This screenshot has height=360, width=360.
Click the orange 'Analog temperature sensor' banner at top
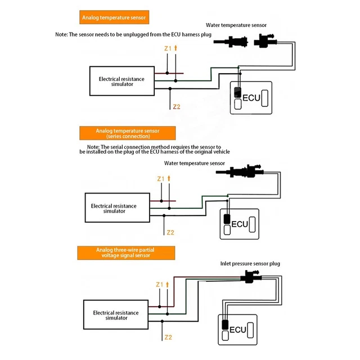tap(114, 17)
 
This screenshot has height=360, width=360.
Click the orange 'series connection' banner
tap(128, 133)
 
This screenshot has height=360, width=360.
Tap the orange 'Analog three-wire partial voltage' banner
tap(123, 253)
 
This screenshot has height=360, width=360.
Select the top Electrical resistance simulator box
tap(121, 82)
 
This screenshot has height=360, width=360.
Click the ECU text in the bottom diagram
tap(236, 329)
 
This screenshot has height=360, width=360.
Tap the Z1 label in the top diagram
tap(168, 49)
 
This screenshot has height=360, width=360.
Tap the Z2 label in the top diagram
tap(177, 107)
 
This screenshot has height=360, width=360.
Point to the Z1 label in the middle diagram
tap(160, 179)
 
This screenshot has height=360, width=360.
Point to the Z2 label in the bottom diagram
tap(168, 337)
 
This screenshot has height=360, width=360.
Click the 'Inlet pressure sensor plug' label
tap(250, 263)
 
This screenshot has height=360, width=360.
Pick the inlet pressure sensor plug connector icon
tap(250, 276)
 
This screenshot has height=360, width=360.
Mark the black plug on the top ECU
tap(238, 92)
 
